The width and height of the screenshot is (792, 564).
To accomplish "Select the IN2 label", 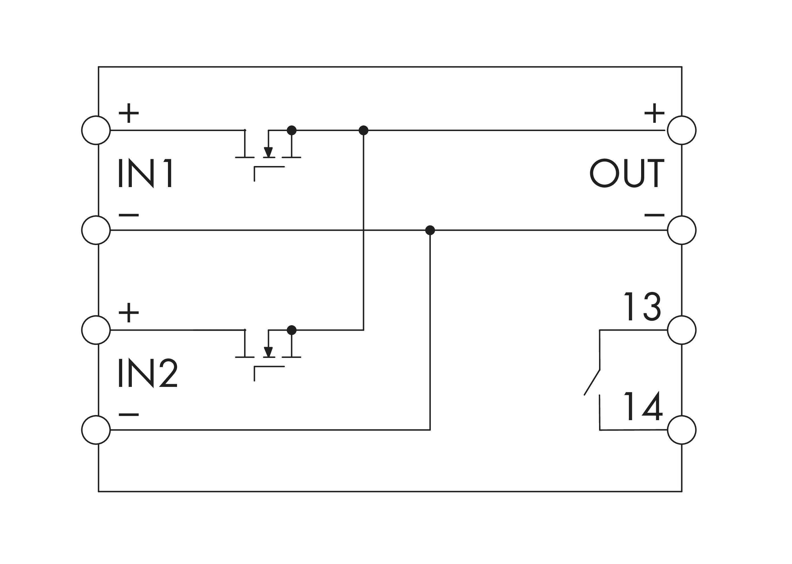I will click(x=147, y=373).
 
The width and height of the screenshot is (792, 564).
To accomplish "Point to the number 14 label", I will click(x=643, y=406).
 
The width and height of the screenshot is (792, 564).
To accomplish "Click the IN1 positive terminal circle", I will click(x=96, y=130).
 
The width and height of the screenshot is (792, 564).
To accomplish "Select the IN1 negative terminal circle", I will click(x=96, y=230).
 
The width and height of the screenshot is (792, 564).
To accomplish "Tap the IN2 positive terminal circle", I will click(x=96, y=330).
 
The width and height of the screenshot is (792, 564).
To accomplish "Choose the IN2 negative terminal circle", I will click(x=96, y=430).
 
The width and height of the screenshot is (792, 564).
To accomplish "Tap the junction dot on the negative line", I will click(x=430, y=230).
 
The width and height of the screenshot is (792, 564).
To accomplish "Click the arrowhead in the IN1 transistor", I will click(x=268, y=152).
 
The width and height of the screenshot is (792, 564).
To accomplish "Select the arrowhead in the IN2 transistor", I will click(x=268, y=352).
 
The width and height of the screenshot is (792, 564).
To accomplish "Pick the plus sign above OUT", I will click(x=654, y=113).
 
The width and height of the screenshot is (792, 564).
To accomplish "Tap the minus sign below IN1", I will click(x=129, y=215).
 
